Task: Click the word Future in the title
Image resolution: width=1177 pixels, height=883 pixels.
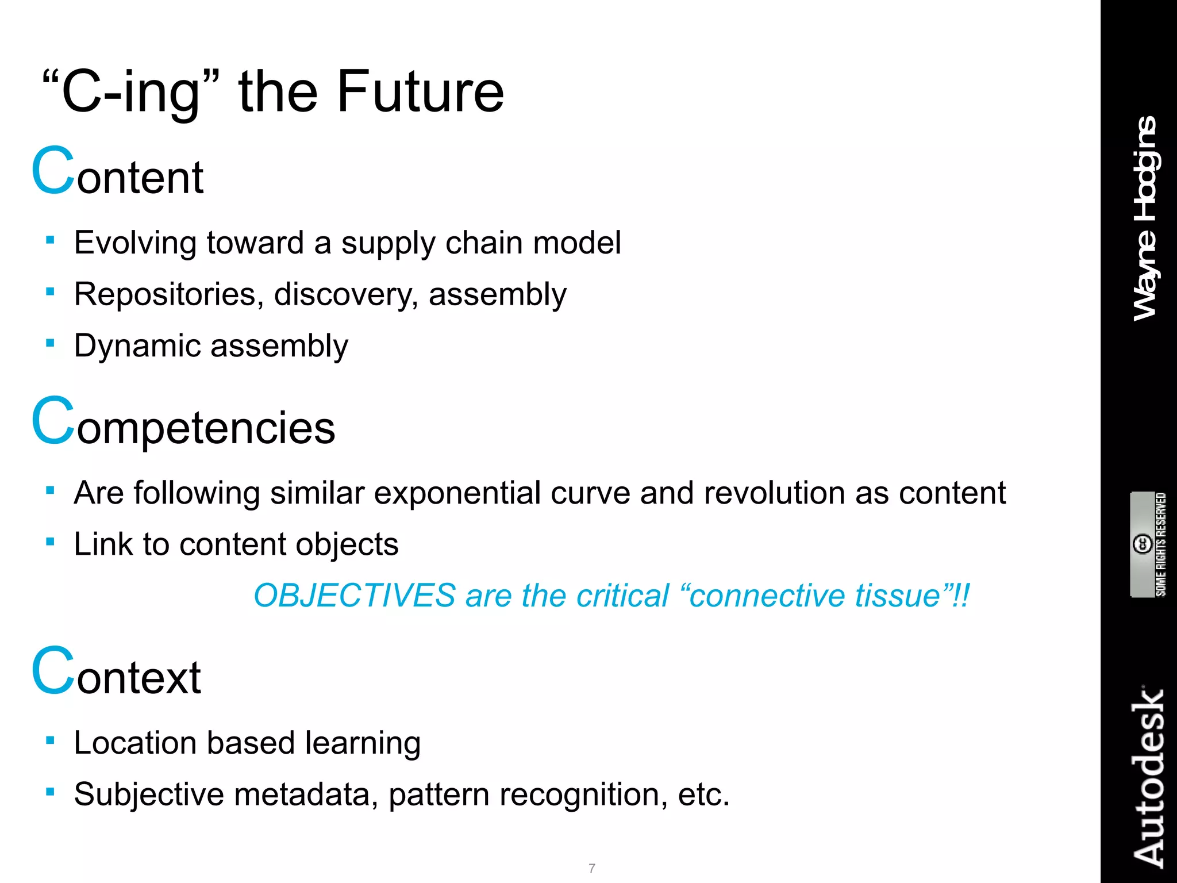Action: pos(420,92)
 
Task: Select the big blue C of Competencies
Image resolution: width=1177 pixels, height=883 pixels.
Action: pos(53,421)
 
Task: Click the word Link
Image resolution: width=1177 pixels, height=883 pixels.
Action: pos(103,544)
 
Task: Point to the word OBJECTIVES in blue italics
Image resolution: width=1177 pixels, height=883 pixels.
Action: pos(355,596)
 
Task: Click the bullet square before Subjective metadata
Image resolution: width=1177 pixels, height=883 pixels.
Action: pos(51,792)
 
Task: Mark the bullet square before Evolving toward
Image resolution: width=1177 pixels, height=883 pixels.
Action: pos(51,240)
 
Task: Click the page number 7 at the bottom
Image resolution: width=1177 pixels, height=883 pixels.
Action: pos(592,868)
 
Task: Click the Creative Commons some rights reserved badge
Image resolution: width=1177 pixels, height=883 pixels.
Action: pos(1148,544)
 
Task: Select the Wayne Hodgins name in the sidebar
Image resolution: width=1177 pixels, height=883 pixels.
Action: pos(1145,218)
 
